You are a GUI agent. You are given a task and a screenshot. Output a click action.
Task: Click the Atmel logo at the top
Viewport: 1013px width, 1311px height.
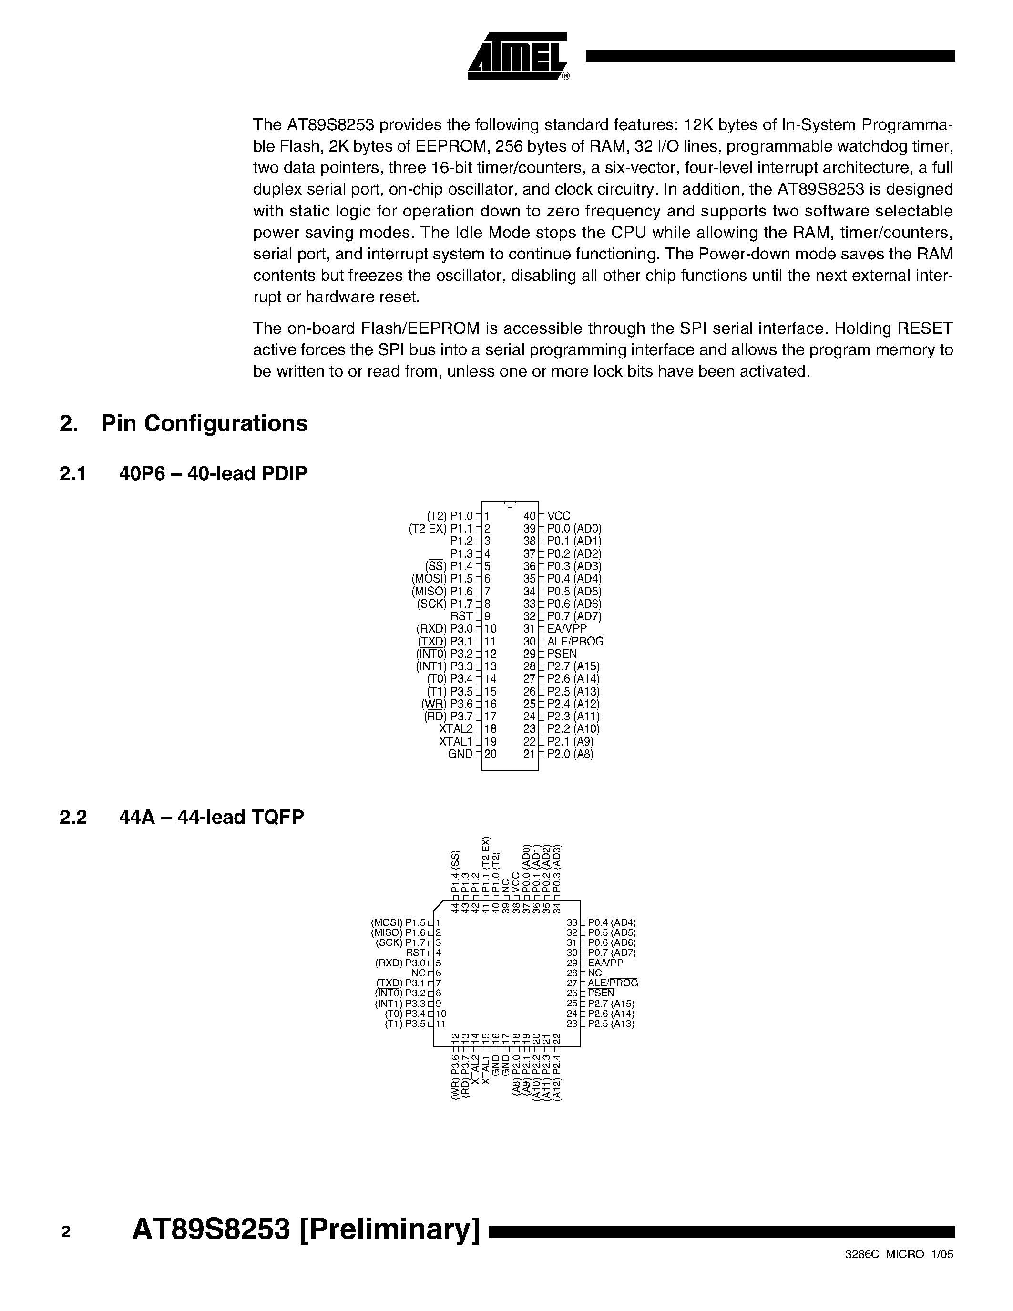(x=517, y=56)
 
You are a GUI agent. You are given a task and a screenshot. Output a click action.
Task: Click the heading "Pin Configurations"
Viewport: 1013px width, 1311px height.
(x=204, y=423)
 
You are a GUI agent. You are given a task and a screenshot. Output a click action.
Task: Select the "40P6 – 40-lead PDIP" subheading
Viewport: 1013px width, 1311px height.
(x=213, y=473)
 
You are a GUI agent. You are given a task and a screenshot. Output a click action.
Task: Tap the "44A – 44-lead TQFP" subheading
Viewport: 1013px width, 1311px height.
(x=211, y=817)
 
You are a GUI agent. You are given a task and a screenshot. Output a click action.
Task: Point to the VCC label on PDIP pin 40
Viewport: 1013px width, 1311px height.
(x=559, y=516)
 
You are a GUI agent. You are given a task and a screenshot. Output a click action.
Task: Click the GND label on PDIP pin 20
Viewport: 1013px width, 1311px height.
(x=460, y=754)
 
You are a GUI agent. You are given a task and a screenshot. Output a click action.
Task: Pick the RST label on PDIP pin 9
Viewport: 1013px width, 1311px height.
(x=461, y=616)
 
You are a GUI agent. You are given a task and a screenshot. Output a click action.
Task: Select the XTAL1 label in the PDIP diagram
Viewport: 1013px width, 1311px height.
(x=455, y=741)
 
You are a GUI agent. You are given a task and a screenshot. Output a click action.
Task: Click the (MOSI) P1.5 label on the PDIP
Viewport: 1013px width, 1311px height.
(x=442, y=579)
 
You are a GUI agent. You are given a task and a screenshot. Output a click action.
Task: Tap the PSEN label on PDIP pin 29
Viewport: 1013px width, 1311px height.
(x=563, y=654)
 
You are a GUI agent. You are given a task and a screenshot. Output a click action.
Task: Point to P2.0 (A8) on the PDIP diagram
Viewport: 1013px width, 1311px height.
(x=570, y=754)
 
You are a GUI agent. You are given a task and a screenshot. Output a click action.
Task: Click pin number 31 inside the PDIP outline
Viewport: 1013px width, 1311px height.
(x=529, y=628)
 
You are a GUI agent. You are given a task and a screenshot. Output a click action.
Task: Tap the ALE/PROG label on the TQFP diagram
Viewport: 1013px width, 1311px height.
(x=613, y=983)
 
